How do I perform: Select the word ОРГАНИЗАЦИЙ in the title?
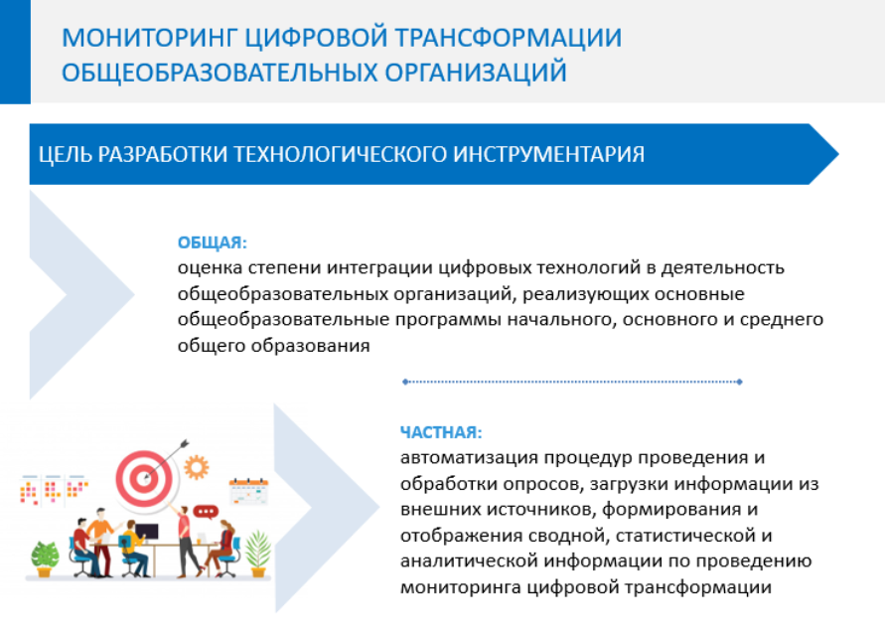[476, 73]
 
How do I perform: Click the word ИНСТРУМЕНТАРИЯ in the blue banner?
[548, 154]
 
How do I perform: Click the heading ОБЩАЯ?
[213, 242]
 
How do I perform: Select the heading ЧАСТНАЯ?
[441, 432]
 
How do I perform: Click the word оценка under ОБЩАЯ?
[210, 267]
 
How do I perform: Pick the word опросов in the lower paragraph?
[540, 484]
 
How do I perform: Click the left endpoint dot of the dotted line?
[405, 382]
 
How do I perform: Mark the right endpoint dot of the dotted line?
[739, 382]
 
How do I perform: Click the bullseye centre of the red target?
[144, 479]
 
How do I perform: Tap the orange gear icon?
[197, 467]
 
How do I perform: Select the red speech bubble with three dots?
[206, 512]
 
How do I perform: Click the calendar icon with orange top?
[248, 491]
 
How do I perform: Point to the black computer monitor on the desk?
[146, 533]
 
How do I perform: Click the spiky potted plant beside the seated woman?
[257, 554]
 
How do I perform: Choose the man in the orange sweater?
[101, 541]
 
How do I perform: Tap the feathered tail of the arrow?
[184, 444]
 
